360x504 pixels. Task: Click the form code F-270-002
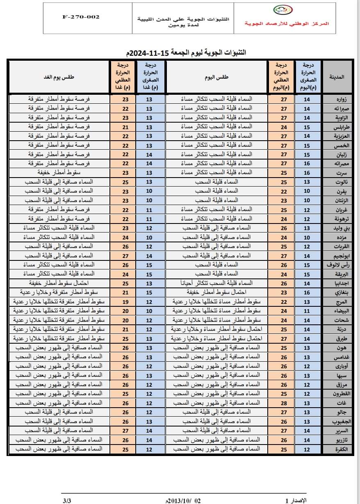[x=81, y=18]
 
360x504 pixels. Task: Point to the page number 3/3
[x=67, y=501]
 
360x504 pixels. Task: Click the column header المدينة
[x=337, y=77]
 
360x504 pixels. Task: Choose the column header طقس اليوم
[x=216, y=77]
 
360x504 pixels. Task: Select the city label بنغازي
[x=337, y=292]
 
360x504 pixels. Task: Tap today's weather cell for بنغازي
[x=216, y=292]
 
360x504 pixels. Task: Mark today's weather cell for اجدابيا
[x=216, y=283]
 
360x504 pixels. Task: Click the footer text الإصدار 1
[x=296, y=501]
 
